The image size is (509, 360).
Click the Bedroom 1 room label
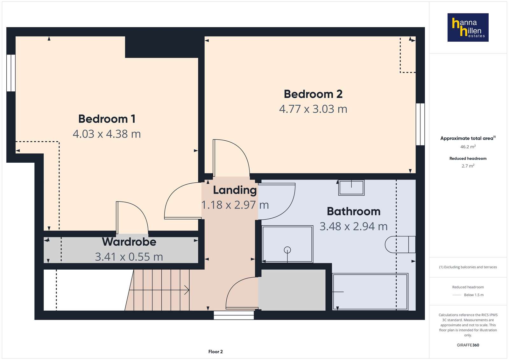click(107, 119)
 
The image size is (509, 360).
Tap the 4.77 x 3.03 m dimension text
click(313, 109)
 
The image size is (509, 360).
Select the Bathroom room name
click(354, 211)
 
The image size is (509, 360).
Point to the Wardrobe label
click(129, 242)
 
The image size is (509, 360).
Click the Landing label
click(235, 190)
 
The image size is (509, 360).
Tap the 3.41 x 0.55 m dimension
click(129, 257)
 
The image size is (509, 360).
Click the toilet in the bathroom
click(400, 244)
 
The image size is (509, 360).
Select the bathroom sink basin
click(351, 187)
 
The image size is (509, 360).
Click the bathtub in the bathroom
click(370, 292)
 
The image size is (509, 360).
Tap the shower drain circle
click(287, 250)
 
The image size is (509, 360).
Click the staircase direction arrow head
click(187, 290)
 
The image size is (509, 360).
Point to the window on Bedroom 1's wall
click(11, 73)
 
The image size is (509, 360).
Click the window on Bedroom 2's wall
click(420, 124)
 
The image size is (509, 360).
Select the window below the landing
click(234, 315)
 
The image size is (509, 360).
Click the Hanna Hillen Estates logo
click(468, 27)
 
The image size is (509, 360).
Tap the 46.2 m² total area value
click(468, 147)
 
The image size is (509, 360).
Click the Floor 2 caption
click(216, 352)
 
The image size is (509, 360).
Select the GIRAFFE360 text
click(468, 345)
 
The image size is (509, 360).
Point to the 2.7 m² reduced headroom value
click(468, 166)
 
